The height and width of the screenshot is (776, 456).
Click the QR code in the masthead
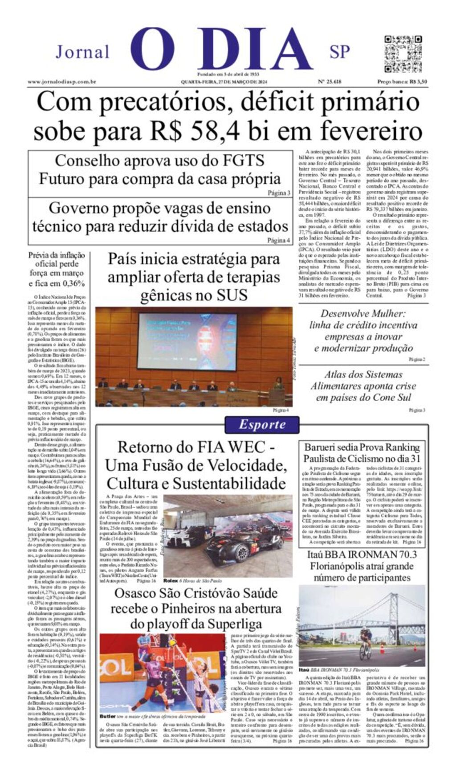coord(403,54)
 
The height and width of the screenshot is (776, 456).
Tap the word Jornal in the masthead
coord(82,52)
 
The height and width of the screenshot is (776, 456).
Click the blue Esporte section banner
coord(261,424)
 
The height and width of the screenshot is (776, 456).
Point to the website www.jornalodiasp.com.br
coord(62,82)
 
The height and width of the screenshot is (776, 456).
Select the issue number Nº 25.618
coord(330,82)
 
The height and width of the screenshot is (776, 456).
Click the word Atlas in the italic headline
coord(338,374)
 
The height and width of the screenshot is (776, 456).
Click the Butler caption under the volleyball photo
coord(107,716)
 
